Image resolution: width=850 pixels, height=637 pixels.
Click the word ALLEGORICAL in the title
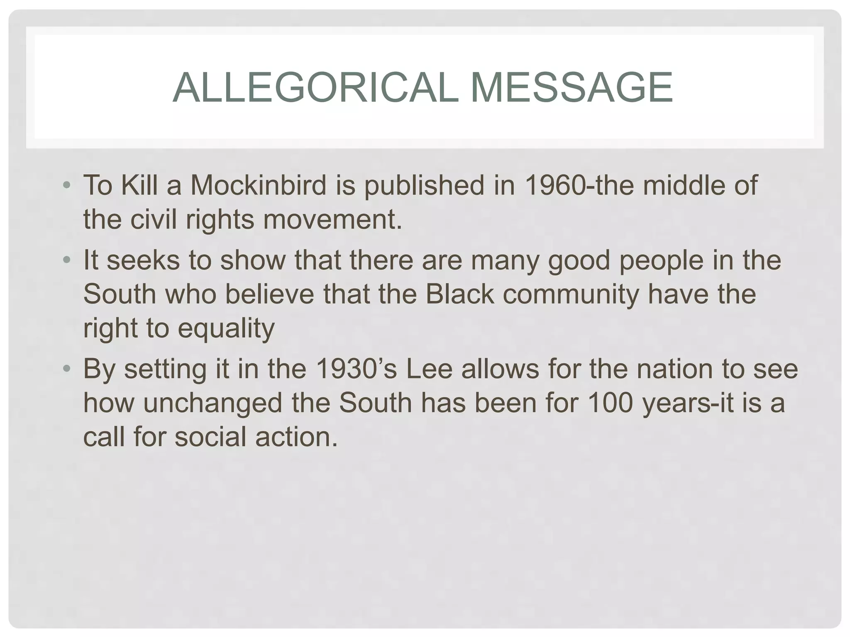[315, 88]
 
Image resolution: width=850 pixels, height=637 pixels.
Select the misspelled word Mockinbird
[259, 185]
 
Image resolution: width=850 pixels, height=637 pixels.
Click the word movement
[332, 219]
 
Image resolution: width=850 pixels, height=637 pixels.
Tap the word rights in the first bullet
[220, 220]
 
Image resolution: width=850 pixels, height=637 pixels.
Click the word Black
[459, 294]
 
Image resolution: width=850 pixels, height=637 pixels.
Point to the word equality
[226, 329]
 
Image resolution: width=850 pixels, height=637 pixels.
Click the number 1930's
[356, 369]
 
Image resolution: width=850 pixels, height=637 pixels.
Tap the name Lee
[429, 369]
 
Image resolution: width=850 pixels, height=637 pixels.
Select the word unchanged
[212, 403]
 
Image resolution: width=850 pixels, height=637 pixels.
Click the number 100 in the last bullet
[611, 403]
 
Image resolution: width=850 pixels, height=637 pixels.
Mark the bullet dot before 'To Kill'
[67, 185]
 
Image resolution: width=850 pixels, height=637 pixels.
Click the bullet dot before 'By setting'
[67, 369]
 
